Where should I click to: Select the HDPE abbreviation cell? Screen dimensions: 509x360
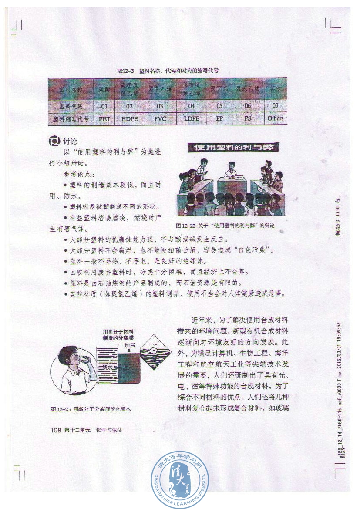[x=129, y=118]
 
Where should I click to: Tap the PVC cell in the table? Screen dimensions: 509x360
[x=160, y=118]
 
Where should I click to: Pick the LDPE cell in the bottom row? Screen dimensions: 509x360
[x=192, y=118]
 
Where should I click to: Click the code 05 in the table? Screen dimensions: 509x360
[x=219, y=106]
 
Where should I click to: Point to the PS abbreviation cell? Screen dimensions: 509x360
[x=248, y=118]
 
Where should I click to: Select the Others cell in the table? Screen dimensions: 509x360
[x=275, y=118]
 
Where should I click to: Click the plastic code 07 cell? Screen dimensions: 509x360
[x=275, y=106]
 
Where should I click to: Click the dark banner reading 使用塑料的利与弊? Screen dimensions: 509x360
[x=232, y=148]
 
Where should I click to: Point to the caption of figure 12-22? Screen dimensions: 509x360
[x=225, y=226]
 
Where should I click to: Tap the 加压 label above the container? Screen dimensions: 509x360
[x=130, y=345]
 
